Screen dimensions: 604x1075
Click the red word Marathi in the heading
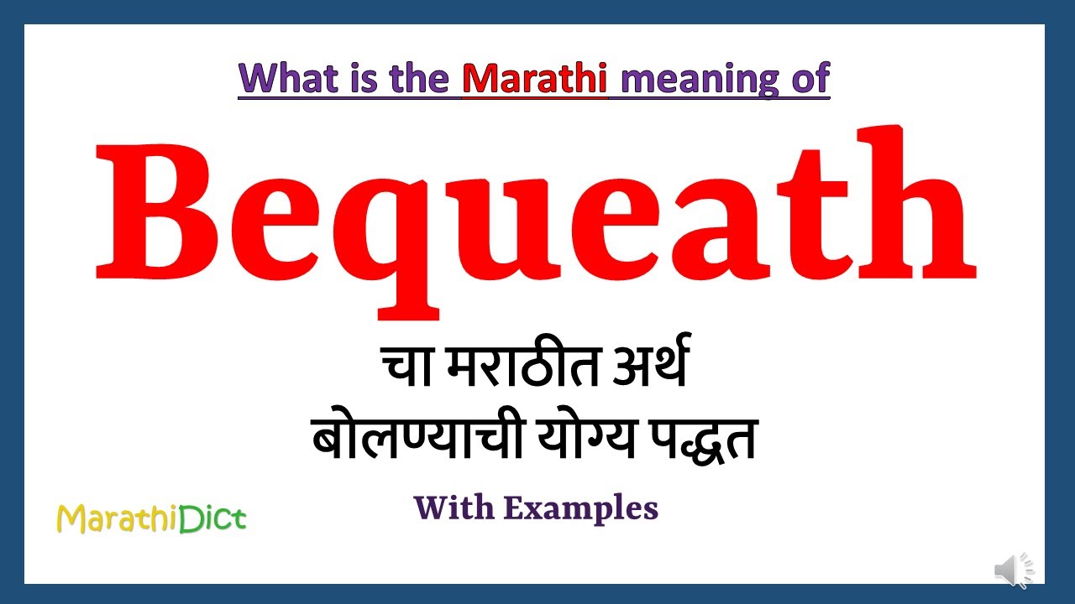(535, 78)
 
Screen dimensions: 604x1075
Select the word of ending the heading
(808, 78)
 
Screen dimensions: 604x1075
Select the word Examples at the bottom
(581, 508)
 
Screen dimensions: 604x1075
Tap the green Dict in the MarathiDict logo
(215, 518)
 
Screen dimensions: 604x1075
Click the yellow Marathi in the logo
(119, 519)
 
